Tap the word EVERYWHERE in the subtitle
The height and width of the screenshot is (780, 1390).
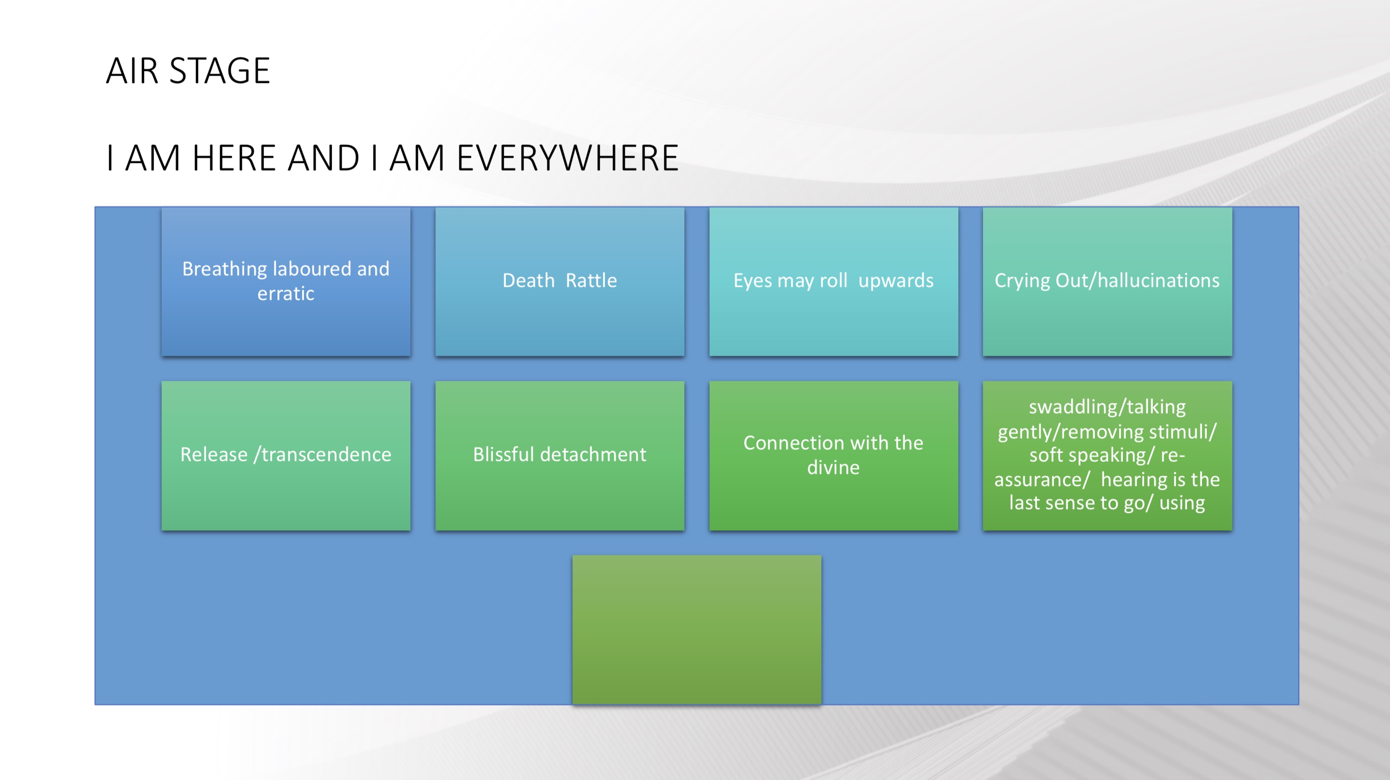pos(568,158)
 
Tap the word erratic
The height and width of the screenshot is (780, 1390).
pos(286,294)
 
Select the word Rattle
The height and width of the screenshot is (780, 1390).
pos(591,281)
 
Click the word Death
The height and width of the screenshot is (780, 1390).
pos(529,281)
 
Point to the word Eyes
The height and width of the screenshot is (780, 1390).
pos(753,281)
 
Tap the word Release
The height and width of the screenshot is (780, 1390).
pos(214,455)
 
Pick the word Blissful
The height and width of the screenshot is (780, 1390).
pos(504,455)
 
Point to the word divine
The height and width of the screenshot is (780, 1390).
pos(833,468)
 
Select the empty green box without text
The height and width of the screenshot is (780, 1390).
pos(696,630)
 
